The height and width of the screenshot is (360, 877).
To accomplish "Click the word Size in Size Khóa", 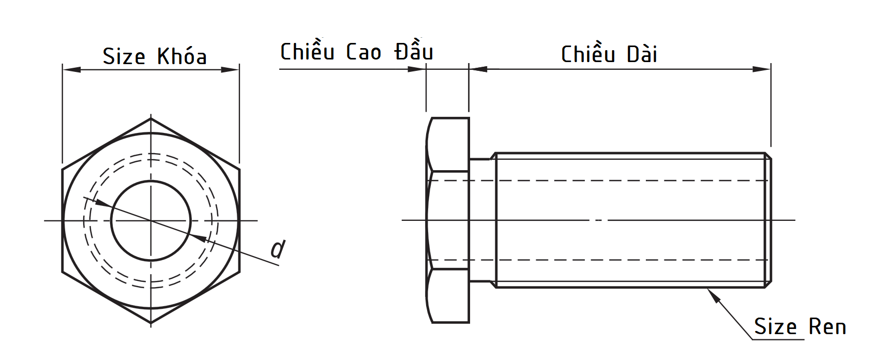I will tap(124, 56).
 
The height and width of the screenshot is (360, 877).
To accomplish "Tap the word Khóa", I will tap(182, 56).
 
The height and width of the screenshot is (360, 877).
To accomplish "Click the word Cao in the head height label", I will tap(364, 52).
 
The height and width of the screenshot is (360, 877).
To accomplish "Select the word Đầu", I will tap(413, 52).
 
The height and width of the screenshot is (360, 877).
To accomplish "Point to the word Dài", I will tap(642, 54).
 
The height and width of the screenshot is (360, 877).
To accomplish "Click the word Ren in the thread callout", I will tap(827, 327).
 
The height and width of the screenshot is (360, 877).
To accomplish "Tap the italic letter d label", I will tap(278, 249).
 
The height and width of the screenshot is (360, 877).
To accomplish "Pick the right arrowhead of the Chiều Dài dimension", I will tap(762, 69).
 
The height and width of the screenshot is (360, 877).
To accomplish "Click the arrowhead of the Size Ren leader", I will tap(713, 295).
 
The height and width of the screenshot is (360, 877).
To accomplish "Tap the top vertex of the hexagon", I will tap(151, 118).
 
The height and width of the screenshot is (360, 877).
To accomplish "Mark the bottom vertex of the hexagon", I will tap(151, 323).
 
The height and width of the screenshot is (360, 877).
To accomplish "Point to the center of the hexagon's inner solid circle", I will tap(151, 221).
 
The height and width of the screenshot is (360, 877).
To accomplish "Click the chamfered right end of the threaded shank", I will tap(768, 220).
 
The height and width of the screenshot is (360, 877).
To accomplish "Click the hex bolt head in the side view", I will tap(448, 220).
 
